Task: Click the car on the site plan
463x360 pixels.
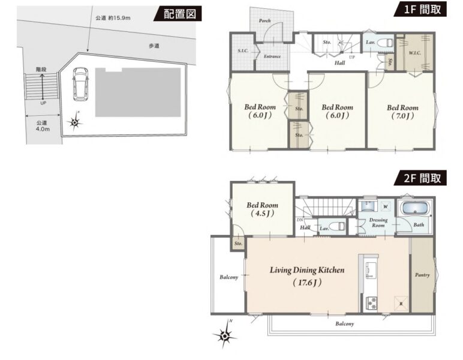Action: pyautogui.click(x=80, y=84)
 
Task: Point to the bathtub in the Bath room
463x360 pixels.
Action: pyautogui.click(x=415, y=209)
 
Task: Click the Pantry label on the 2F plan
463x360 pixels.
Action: pyautogui.click(x=422, y=275)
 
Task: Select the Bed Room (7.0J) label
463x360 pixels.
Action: pyautogui.click(x=402, y=112)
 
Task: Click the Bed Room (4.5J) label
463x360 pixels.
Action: pyautogui.click(x=262, y=209)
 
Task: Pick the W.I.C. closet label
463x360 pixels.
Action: pyautogui.click(x=415, y=53)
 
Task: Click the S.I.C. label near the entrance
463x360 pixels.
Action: pyautogui.click(x=243, y=51)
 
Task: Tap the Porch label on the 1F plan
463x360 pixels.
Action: pyautogui.click(x=264, y=20)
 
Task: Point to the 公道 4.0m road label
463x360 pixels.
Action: pyautogui.click(x=43, y=126)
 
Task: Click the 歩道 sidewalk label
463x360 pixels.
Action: pyautogui.click(x=154, y=46)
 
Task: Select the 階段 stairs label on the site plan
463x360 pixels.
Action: pyautogui.click(x=41, y=70)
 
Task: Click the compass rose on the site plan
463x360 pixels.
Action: pyautogui.click(x=75, y=122)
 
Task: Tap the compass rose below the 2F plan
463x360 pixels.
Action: pyautogui.click(x=224, y=335)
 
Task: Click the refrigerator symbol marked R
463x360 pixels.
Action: pyautogui.click(x=401, y=304)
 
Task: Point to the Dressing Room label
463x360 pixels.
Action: pyautogui.click(x=378, y=223)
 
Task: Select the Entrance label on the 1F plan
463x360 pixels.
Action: pyautogui.click(x=272, y=56)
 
